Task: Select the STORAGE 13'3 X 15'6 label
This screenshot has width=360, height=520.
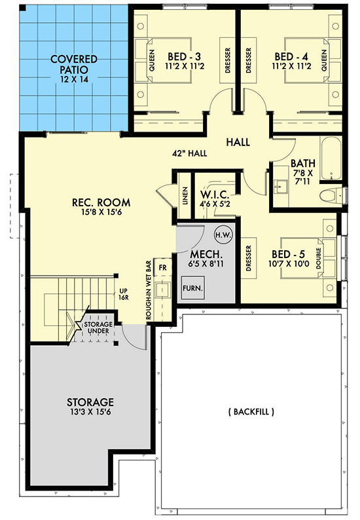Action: [90, 407]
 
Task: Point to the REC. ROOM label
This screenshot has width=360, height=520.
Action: [101, 207]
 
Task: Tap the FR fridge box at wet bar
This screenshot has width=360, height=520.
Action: [164, 269]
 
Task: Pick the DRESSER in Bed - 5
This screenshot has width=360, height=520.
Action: [249, 259]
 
